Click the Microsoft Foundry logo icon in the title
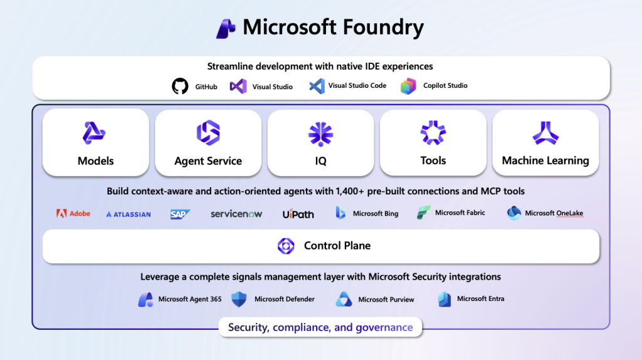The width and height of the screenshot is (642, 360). click(226, 28)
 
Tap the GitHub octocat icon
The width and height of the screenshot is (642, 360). click(180, 87)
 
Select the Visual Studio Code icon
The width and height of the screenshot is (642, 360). click(317, 86)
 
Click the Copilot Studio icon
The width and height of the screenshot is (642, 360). click(408, 86)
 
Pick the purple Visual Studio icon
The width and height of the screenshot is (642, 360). click(238, 87)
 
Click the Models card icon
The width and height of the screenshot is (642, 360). click(95, 133)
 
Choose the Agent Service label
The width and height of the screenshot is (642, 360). click(208, 161)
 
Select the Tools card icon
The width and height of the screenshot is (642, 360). click(433, 133)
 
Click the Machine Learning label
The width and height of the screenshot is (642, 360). click(545, 161)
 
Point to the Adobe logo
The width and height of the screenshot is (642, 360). click(73, 213)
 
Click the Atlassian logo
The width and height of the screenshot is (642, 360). click(129, 214)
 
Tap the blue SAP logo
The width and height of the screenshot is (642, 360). click(180, 214)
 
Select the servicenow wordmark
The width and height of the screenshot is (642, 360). click(236, 214)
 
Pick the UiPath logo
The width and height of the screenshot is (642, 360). click(298, 214)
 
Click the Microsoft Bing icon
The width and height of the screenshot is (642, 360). click(340, 213)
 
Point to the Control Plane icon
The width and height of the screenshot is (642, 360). click(286, 246)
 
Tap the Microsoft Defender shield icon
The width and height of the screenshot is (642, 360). click(239, 299)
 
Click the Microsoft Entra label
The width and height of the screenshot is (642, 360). click(480, 299)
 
